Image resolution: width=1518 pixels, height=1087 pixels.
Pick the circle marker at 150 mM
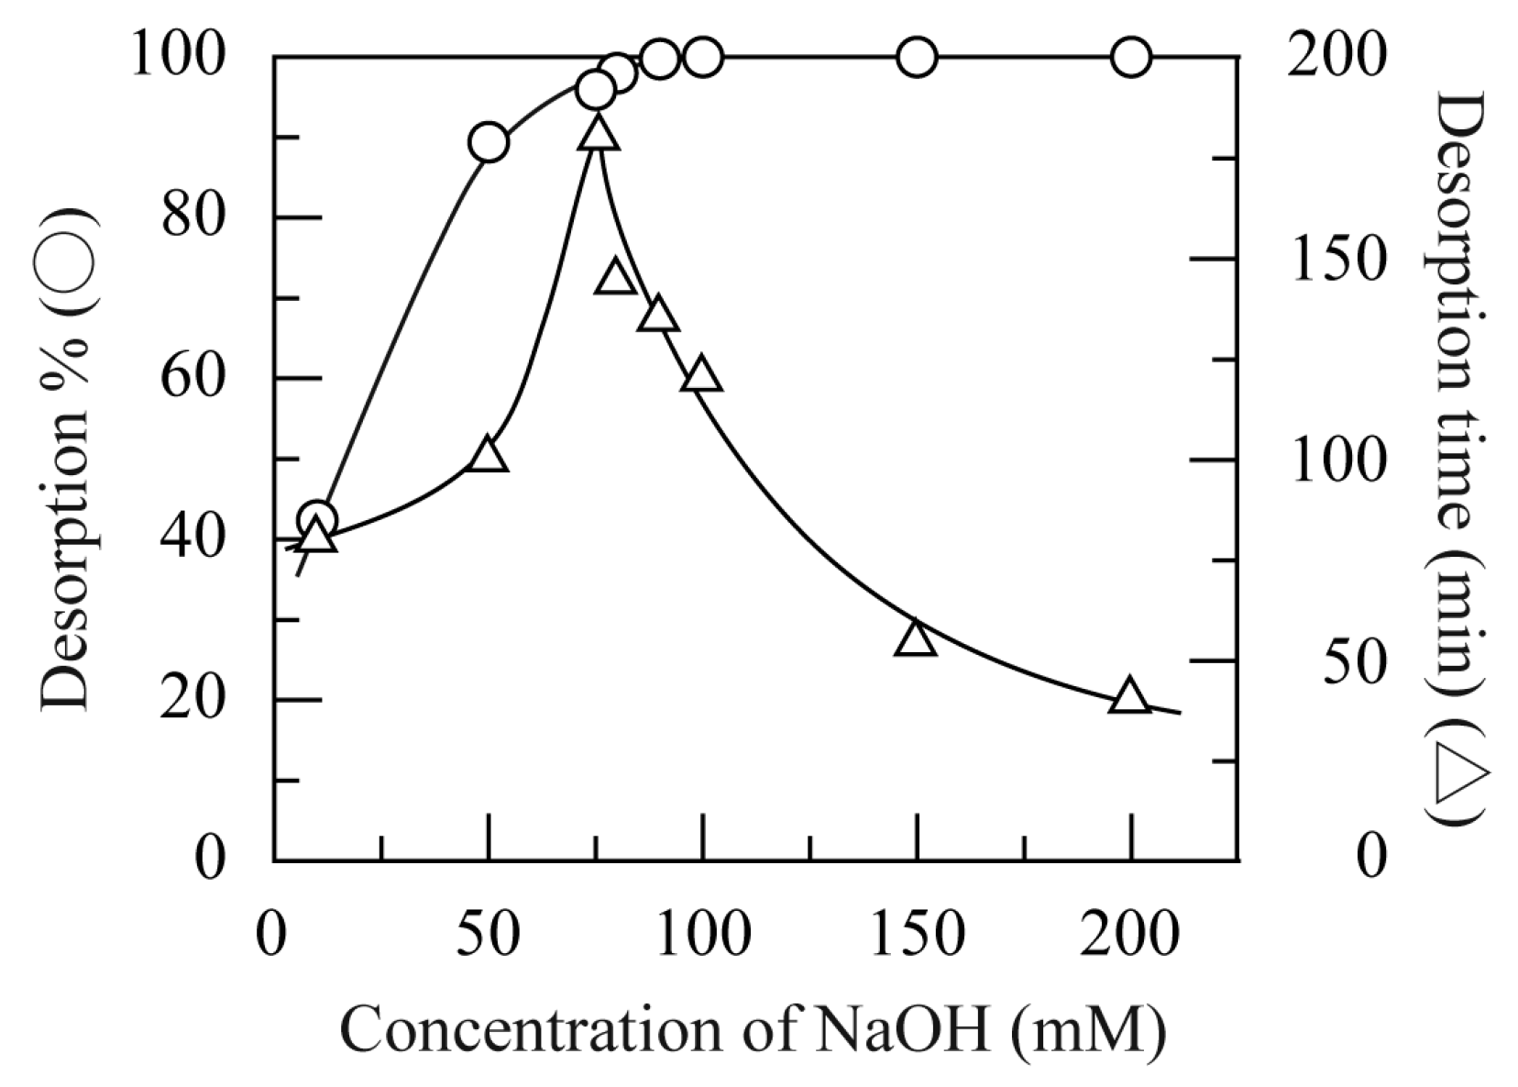917,58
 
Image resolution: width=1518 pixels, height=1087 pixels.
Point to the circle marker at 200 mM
1131,58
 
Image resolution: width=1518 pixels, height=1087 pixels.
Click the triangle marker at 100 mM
702,376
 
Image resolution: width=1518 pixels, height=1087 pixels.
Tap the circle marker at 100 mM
703,58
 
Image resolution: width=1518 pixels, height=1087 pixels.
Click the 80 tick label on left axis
192,217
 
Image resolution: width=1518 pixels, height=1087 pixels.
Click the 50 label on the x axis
488,933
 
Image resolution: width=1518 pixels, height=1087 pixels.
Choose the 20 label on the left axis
192,700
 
